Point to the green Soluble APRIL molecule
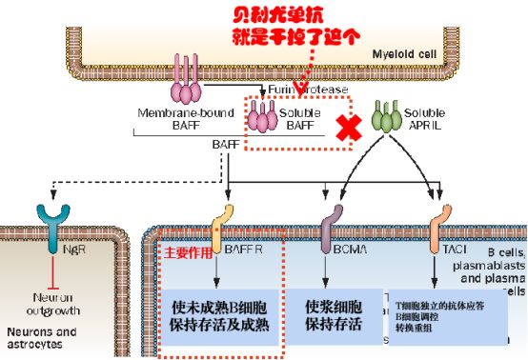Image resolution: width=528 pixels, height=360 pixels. pyautogui.click(x=385, y=118)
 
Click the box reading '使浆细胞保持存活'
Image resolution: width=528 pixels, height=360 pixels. pyautogui.click(x=333, y=315)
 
